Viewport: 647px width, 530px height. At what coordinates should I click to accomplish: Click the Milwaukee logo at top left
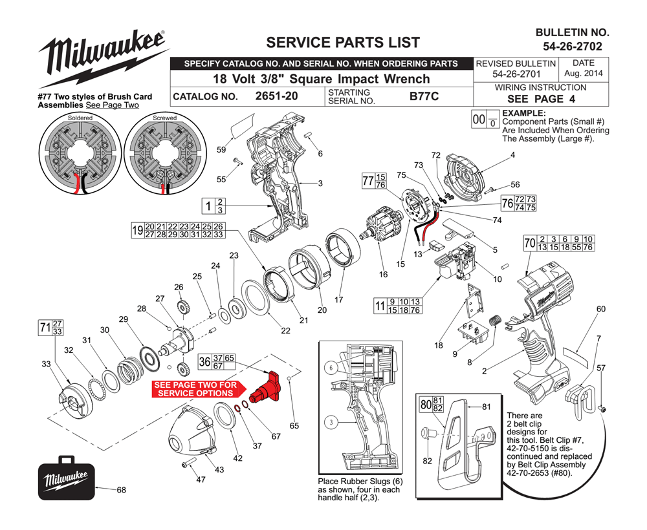[103, 58]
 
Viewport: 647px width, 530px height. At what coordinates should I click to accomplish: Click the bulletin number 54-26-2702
[573, 47]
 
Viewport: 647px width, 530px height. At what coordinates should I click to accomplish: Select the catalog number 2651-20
[276, 96]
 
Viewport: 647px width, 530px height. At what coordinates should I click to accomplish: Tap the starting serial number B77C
[424, 96]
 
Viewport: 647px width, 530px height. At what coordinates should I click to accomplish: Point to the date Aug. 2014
[584, 73]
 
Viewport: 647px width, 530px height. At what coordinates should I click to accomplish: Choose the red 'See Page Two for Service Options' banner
[199, 389]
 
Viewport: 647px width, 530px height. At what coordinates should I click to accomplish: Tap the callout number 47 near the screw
[201, 480]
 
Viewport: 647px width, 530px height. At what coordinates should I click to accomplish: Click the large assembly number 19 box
[137, 230]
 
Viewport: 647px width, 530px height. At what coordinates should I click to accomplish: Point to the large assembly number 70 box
[530, 243]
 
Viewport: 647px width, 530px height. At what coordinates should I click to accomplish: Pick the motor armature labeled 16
[382, 225]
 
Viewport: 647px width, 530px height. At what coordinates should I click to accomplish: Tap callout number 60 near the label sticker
[601, 309]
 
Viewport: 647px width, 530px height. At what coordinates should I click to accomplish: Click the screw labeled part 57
[602, 409]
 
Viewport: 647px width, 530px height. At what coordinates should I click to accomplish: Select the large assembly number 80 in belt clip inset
[426, 405]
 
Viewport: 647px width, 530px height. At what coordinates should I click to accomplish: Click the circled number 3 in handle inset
[331, 423]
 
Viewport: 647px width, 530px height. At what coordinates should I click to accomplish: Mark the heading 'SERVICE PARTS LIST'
[343, 43]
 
